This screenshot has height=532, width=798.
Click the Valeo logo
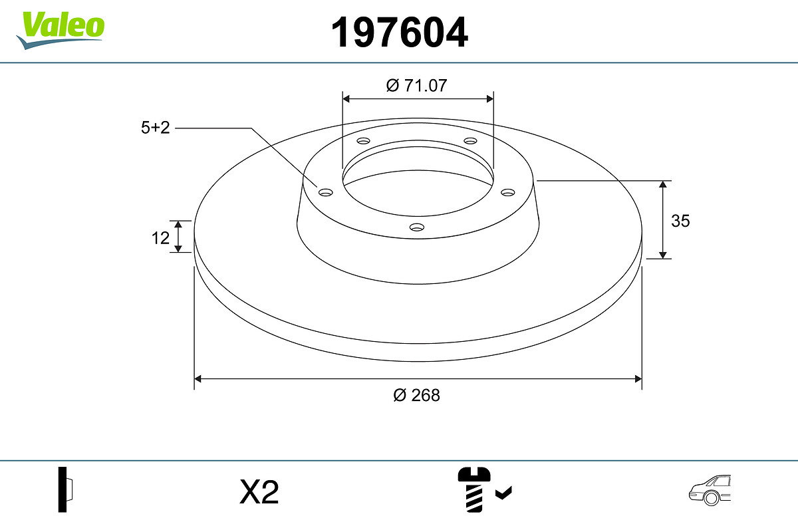[x=61, y=30]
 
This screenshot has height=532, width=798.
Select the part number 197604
[x=400, y=33]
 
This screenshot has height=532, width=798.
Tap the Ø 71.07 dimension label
[x=416, y=86]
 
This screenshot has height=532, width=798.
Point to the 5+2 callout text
[x=156, y=128]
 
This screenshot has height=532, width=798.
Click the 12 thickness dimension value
[x=160, y=238]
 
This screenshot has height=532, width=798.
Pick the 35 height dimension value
[x=680, y=221]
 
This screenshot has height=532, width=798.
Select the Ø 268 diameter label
[x=416, y=395]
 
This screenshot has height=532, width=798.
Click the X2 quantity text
[x=259, y=491]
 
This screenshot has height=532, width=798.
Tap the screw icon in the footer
[x=473, y=489]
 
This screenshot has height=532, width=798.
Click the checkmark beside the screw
[x=503, y=493]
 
